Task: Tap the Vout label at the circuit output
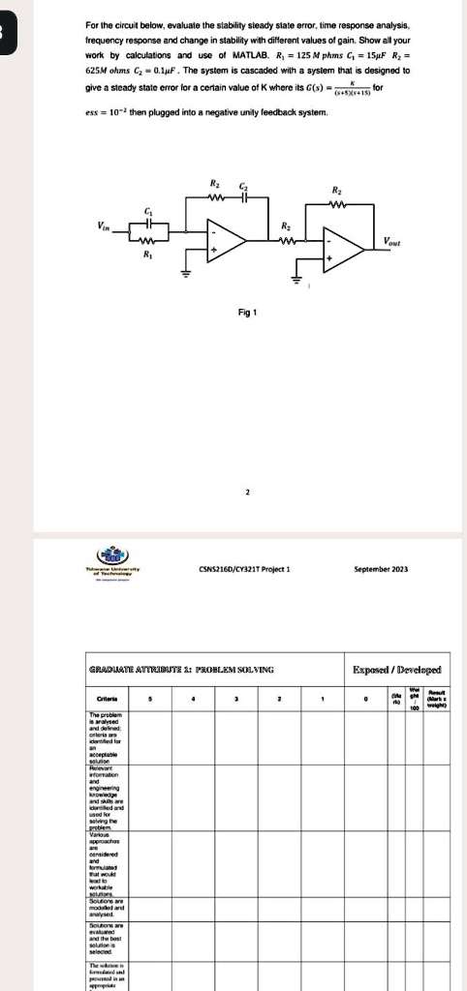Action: point(392,240)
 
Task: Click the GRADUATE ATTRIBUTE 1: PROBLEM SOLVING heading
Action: point(195,668)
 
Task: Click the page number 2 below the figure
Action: point(247,493)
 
